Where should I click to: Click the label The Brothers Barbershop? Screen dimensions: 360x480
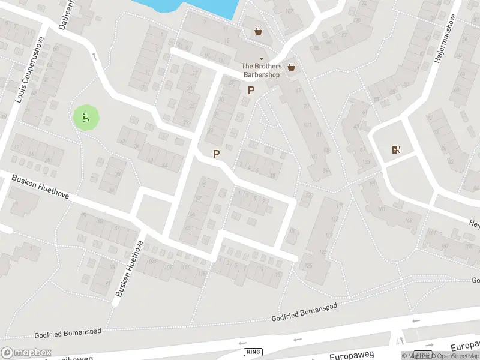(x=261, y=70)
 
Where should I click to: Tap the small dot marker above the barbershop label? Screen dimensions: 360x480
(x=261, y=59)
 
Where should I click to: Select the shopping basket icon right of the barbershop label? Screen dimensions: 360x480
(x=291, y=67)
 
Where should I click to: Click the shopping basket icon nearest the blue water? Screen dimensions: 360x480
(x=258, y=31)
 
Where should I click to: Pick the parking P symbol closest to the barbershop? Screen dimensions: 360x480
(x=251, y=91)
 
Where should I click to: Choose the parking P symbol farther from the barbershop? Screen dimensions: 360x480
(x=216, y=154)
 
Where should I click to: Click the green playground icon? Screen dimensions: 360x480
(x=85, y=118)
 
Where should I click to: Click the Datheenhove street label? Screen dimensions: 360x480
(x=65, y=13)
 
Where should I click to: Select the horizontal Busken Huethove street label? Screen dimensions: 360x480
(x=41, y=187)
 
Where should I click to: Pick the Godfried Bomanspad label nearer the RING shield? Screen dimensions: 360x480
(x=305, y=312)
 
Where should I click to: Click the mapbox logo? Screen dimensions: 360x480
(x=25, y=352)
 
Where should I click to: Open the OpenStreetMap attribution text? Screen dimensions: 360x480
(x=455, y=356)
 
